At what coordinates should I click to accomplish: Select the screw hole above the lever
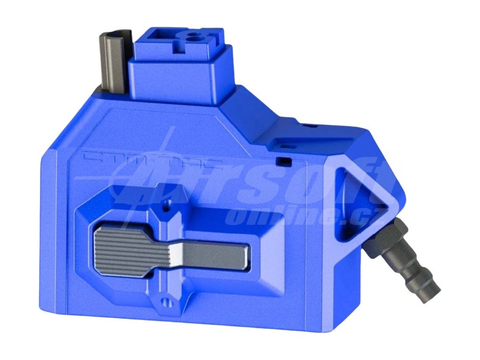click(x=165, y=204)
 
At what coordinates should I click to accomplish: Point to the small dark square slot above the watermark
click(x=283, y=161)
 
